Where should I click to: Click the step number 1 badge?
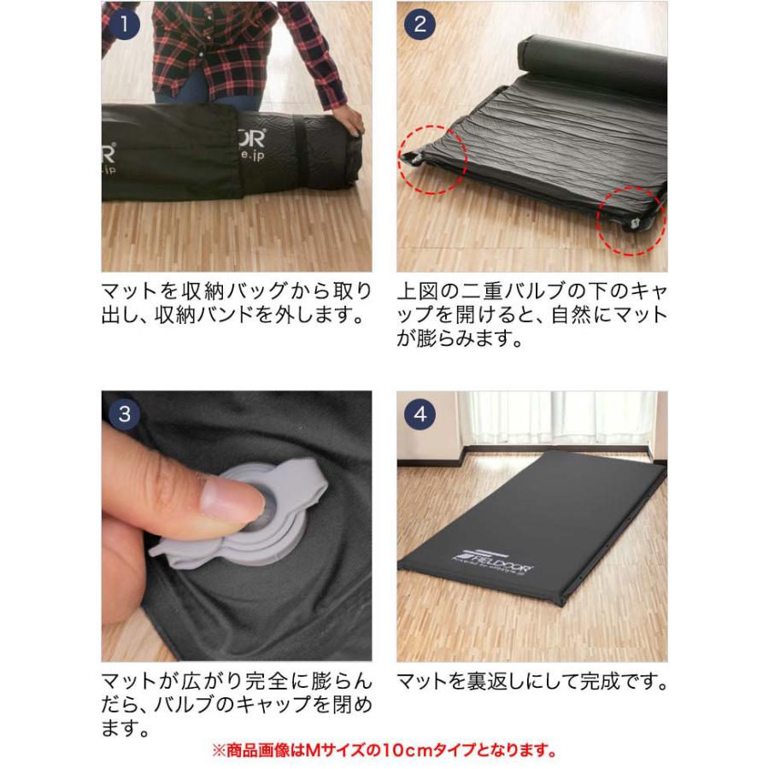coord(125,23)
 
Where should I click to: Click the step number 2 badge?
coord(420,23)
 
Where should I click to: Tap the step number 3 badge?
coord(125,414)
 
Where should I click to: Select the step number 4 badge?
coord(420,414)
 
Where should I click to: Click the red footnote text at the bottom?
coord(384,752)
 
